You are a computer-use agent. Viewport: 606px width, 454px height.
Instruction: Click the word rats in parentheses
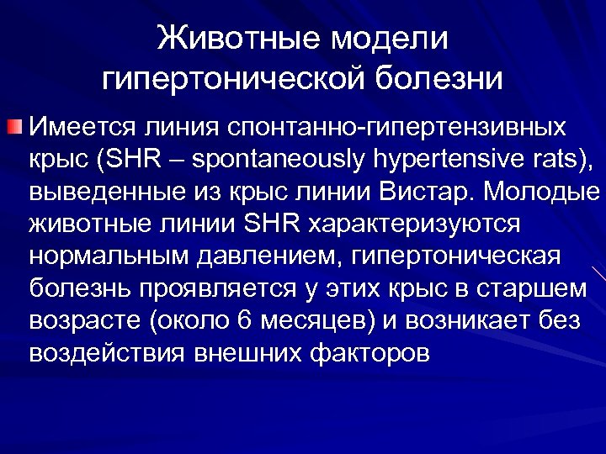point(552,160)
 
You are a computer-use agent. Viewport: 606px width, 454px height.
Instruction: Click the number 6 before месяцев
point(246,319)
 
